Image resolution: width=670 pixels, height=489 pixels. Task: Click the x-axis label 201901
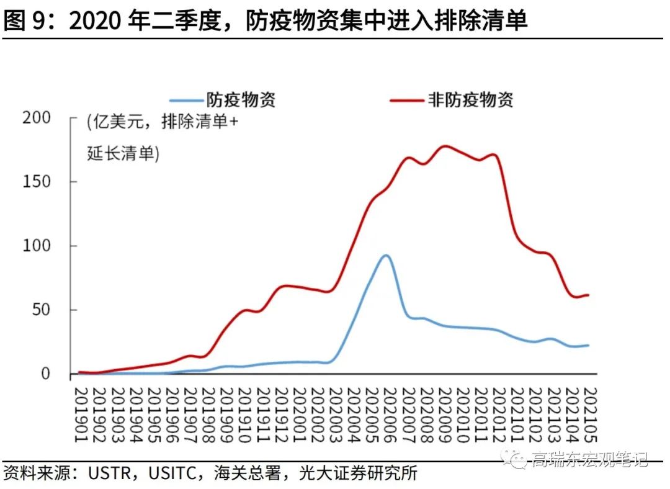(80, 415)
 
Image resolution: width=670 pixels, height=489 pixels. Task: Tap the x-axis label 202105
(590, 415)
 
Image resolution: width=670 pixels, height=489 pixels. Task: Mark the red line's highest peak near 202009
(444, 146)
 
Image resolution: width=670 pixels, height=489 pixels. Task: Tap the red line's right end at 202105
(587, 295)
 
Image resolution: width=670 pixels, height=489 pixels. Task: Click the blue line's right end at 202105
(587, 345)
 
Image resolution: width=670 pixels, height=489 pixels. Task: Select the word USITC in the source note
(174, 473)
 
